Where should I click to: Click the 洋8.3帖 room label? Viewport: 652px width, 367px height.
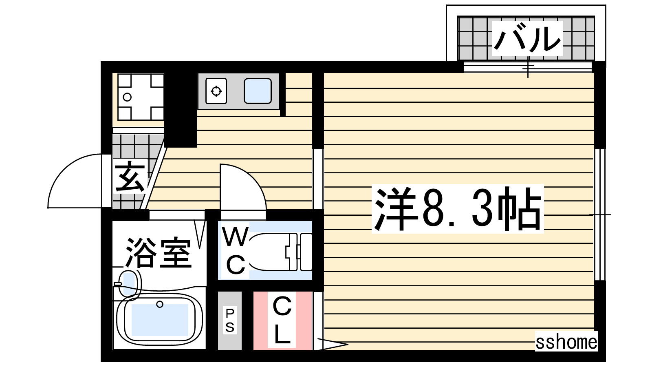pos(458,208)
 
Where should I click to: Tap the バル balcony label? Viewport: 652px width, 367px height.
pos(527,38)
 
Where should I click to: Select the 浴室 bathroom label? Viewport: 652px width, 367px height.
pos(159,253)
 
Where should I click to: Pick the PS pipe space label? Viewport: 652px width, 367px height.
pos(230,321)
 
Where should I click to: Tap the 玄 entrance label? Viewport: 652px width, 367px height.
pos(130,177)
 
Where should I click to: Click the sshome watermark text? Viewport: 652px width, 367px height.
pos(566,342)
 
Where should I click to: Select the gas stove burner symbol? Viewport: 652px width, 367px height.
pos(216,91)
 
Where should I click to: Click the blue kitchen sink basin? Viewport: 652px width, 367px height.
pos(258,91)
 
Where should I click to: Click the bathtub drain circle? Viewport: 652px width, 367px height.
pos(159,304)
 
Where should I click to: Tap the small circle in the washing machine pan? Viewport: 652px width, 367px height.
pos(127,97)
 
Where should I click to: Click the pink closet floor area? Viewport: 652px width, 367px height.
pos(283,321)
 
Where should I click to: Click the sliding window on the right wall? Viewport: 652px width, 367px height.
pos(599,214)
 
